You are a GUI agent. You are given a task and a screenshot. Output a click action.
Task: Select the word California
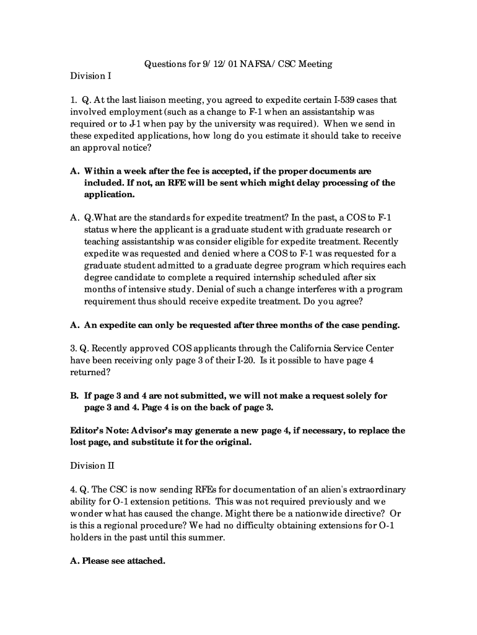299,349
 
